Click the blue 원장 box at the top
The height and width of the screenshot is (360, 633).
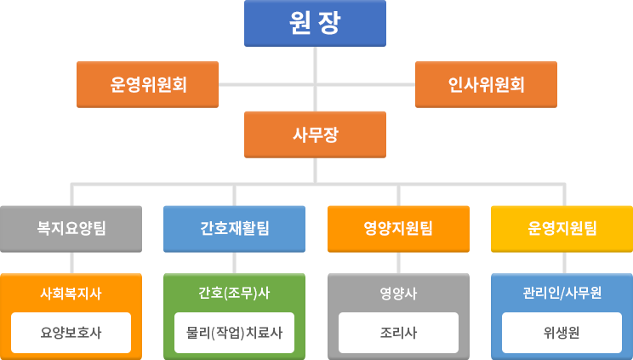coord(315,23)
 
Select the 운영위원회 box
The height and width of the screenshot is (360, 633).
coord(148,84)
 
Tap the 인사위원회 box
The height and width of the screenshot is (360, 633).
coord(486,84)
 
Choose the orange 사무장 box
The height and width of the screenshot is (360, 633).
coord(315,134)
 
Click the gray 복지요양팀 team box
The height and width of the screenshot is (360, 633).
coord(71,228)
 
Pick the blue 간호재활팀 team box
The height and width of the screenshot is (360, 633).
coord(234,228)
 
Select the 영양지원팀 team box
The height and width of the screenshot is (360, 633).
coord(397,228)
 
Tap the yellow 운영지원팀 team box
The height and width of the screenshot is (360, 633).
coord(561,228)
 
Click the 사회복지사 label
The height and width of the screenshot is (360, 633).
coord(71,294)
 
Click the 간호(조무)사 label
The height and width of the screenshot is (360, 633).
coord(234,294)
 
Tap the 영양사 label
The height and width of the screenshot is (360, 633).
coord(397,294)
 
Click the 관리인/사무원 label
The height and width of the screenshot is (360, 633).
coord(561,294)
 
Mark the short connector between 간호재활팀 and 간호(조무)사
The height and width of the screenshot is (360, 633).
coord(234,262)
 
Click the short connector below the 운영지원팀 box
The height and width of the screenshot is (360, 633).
coord(561,262)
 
